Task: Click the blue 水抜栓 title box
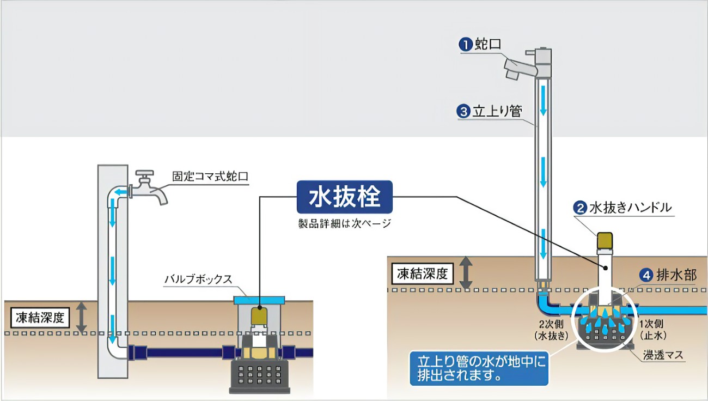tap(344, 197)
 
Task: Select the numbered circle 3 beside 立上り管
tap(463, 112)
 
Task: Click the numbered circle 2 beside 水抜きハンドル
tap(581, 208)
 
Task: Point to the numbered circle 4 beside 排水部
tap(646, 275)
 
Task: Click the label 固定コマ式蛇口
tap(210, 177)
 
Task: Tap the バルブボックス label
tap(198, 280)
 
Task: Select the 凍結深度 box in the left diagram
tap(41, 318)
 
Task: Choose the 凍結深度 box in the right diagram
tap(422, 273)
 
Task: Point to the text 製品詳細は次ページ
tap(344, 224)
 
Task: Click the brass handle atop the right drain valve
tap(605, 240)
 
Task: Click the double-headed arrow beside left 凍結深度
tap(81, 318)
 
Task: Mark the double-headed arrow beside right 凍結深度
tap(466, 273)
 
